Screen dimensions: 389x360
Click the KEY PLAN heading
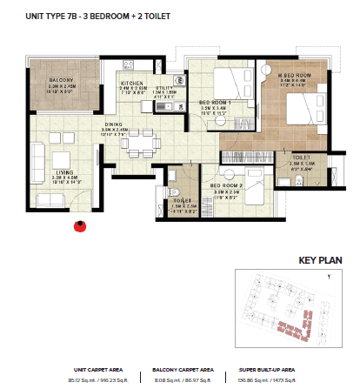click(x=318, y=259)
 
